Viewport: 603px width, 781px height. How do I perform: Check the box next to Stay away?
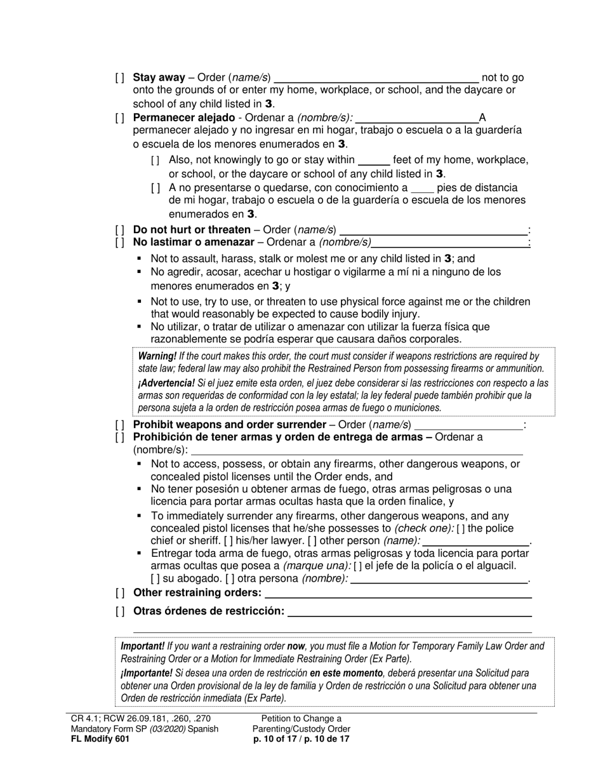tap(120, 78)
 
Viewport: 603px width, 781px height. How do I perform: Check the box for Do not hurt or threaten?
tap(120, 230)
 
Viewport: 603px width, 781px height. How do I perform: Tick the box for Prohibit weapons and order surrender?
tap(120, 425)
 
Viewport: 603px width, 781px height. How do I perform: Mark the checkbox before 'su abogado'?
tap(156, 579)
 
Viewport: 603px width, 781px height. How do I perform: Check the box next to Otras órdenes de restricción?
tap(120, 611)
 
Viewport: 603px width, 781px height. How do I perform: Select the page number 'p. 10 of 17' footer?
tap(277, 739)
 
